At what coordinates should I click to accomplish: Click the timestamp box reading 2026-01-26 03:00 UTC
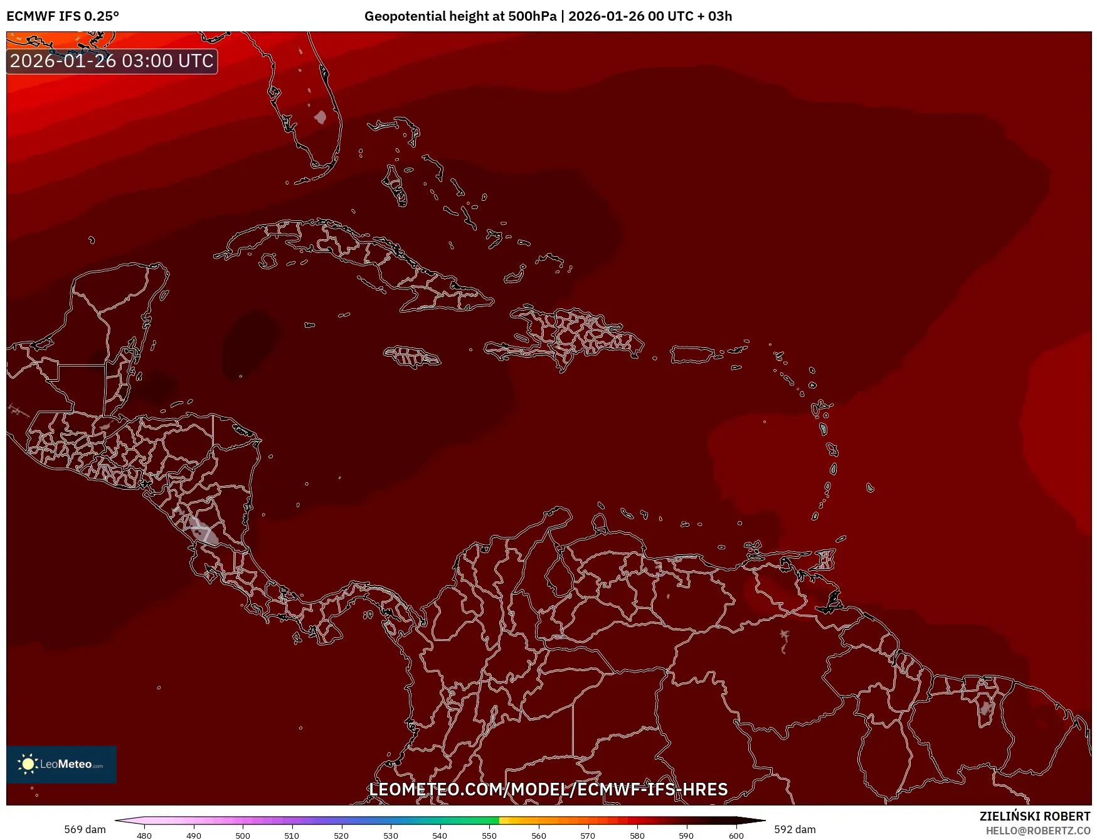pos(112,61)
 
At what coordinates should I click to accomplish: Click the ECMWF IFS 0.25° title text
pos(62,16)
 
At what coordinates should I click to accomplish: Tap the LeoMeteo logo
pos(61,764)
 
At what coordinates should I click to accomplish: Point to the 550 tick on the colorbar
pos(489,836)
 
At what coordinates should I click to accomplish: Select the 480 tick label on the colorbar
pos(144,836)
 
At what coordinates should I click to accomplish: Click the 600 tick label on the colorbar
pos(736,836)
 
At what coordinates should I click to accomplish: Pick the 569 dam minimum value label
pos(85,829)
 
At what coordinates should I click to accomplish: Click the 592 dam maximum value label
pos(795,829)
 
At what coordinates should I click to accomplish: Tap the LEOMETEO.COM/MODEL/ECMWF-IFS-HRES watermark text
pos(548,789)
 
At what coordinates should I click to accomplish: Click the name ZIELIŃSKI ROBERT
pos(1035,816)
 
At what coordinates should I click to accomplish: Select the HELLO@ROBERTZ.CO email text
pos(1037,831)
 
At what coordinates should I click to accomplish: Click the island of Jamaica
pos(412,357)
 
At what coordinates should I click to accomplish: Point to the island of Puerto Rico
pos(692,354)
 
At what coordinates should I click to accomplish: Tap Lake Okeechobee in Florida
pos(321,117)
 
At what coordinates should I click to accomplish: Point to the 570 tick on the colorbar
pos(588,836)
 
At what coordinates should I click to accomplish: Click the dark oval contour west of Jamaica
pos(250,343)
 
